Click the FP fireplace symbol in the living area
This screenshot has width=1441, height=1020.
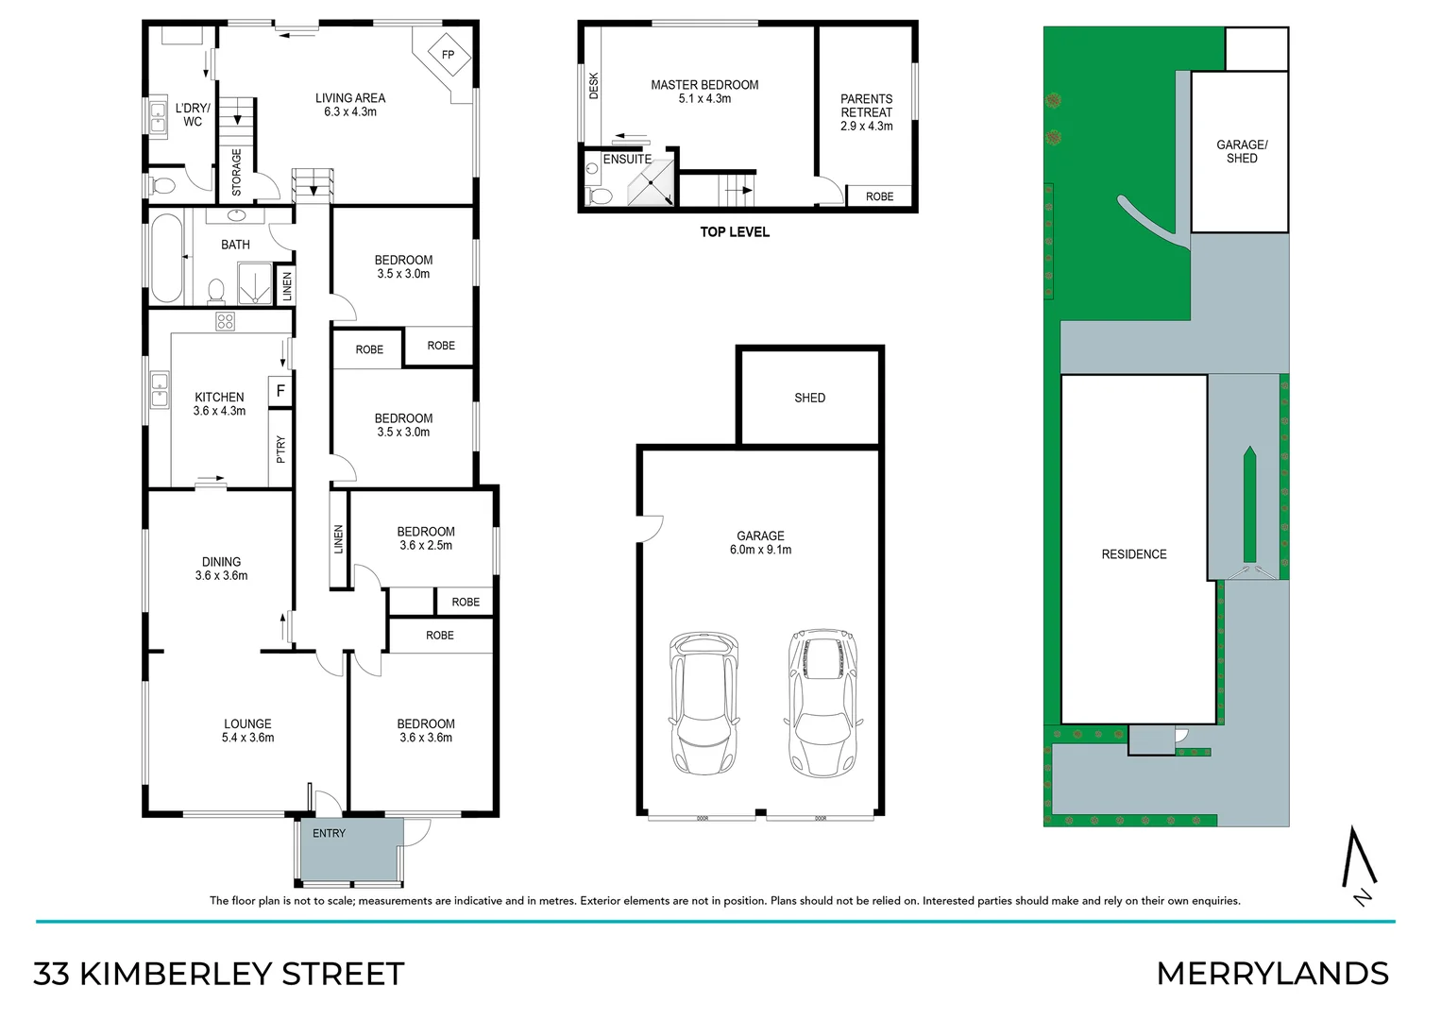click(448, 55)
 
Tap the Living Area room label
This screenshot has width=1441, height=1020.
click(349, 104)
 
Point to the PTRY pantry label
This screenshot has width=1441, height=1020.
click(280, 449)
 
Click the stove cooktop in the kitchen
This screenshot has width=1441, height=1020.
click(225, 321)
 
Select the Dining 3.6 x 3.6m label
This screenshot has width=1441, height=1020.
click(221, 569)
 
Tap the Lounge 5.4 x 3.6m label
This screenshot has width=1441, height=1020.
click(247, 731)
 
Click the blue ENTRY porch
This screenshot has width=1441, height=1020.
click(349, 850)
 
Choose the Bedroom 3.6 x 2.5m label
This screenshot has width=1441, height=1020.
click(426, 538)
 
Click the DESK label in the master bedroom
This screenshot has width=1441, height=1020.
click(594, 86)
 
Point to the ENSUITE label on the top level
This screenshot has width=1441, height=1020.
click(627, 160)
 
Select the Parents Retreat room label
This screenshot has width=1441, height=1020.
click(866, 111)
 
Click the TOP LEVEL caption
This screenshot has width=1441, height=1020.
click(734, 232)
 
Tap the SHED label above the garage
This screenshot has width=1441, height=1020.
click(809, 398)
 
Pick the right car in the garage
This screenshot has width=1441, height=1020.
click(823, 702)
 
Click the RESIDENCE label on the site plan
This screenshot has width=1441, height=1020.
click(1133, 554)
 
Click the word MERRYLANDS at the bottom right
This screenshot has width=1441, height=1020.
click(1272, 974)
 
